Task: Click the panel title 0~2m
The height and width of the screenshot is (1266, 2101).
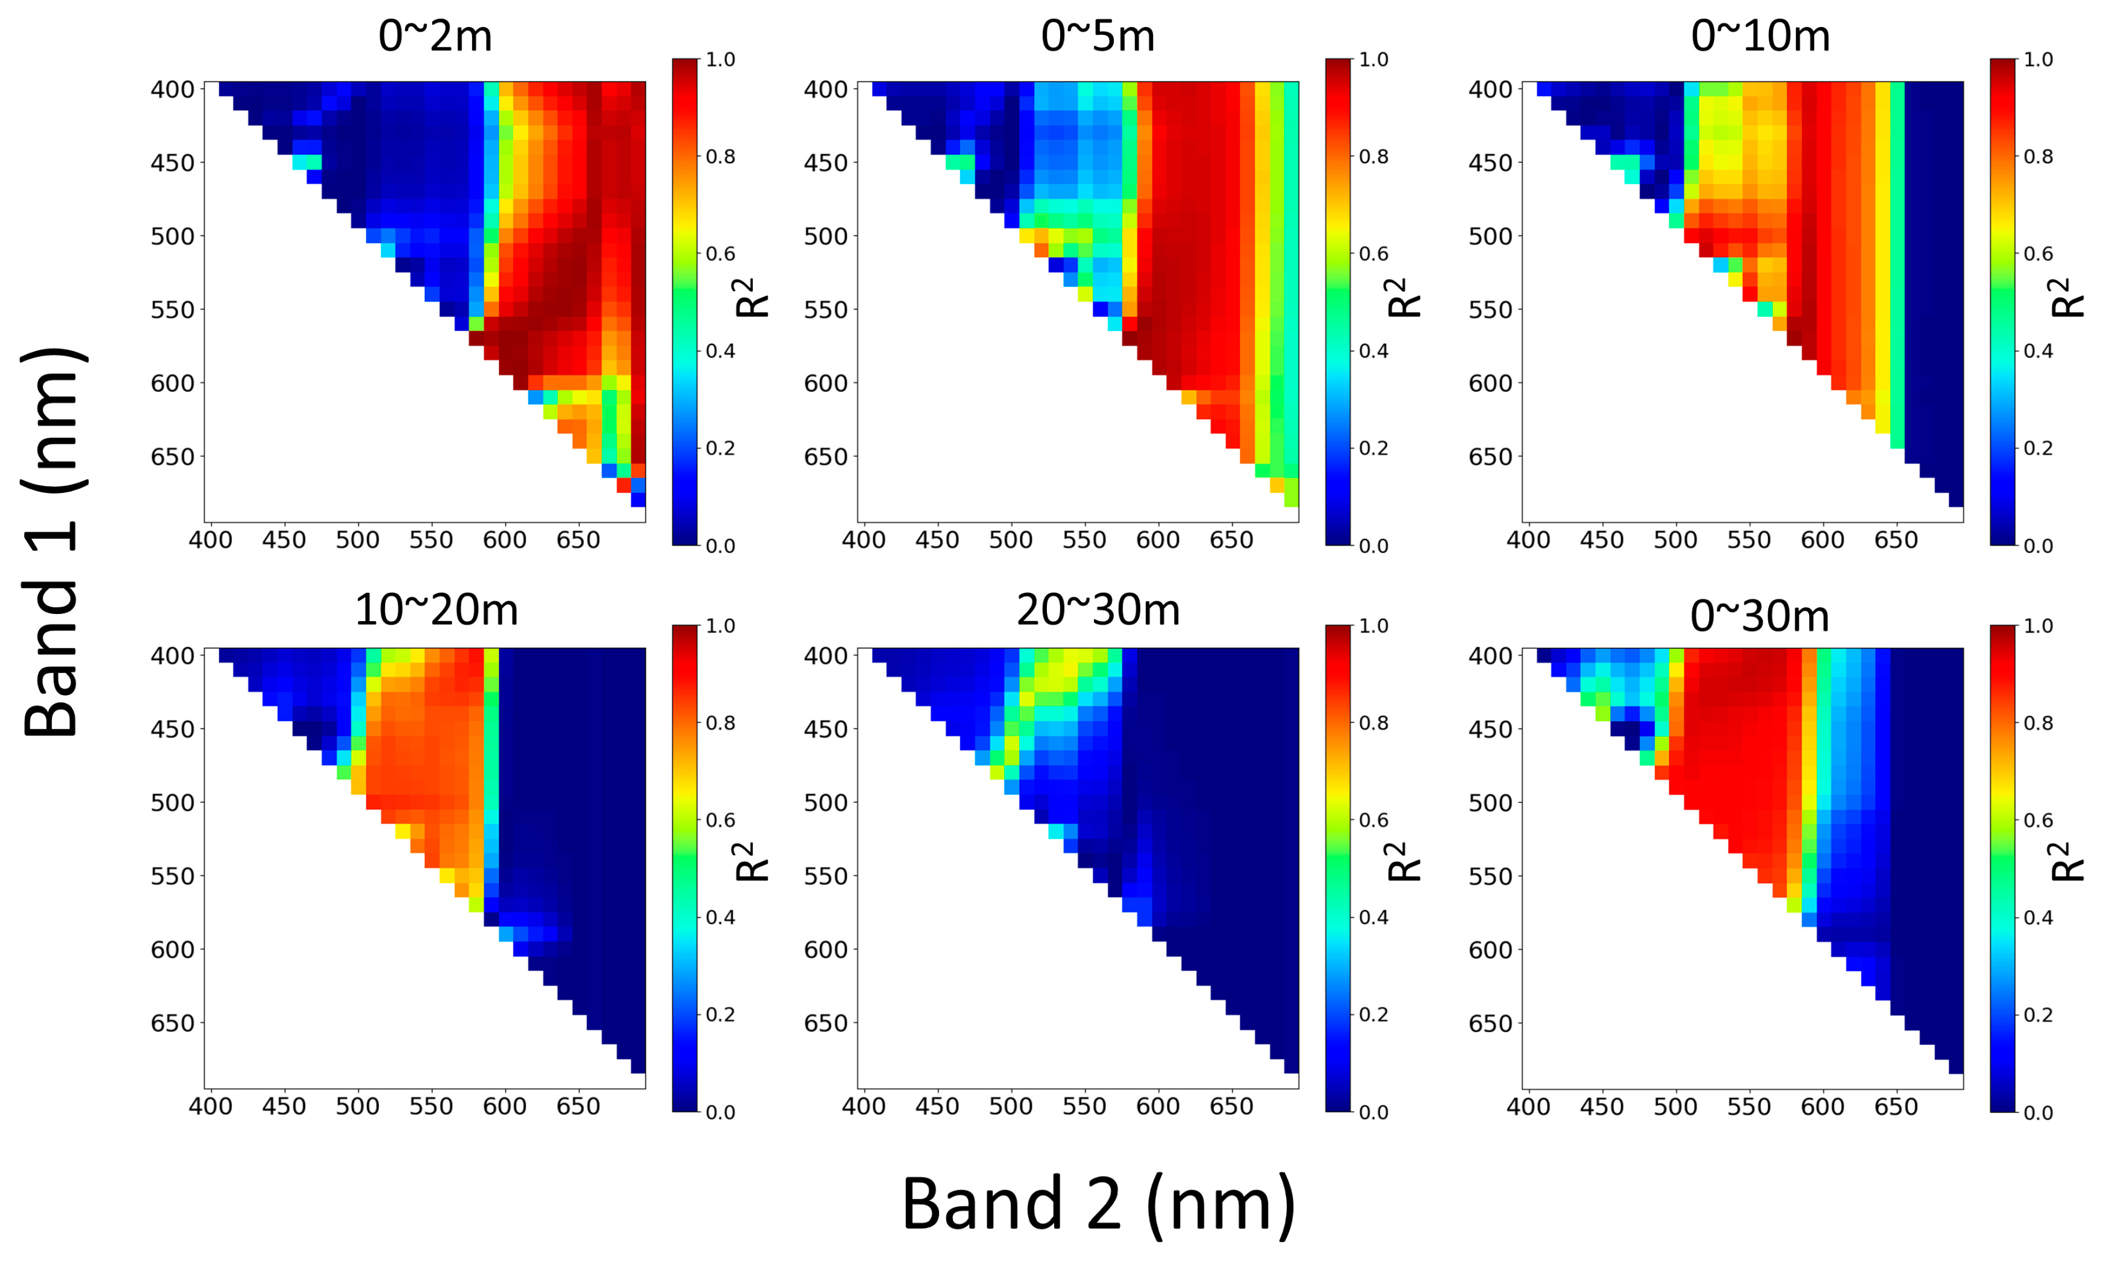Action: click(435, 36)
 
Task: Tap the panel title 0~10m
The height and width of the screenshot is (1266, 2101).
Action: click(1760, 36)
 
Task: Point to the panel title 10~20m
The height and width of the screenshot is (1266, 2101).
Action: click(436, 611)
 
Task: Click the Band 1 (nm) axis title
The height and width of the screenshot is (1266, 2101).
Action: click(53, 542)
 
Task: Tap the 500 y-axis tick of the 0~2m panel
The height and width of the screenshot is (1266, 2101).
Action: click(172, 236)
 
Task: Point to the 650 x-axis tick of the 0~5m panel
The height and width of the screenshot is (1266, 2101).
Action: click(1232, 540)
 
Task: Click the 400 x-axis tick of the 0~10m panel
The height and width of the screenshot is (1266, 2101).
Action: click(1528, 540)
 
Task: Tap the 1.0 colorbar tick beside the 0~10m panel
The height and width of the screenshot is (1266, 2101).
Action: click(2038, 60)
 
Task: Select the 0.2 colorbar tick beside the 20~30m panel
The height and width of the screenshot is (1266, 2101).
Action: click(1373, 1015)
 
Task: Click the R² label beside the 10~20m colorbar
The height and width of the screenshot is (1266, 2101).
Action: click(751, 862)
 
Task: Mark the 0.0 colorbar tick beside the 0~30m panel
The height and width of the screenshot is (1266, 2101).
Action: click(2038, 1112)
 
